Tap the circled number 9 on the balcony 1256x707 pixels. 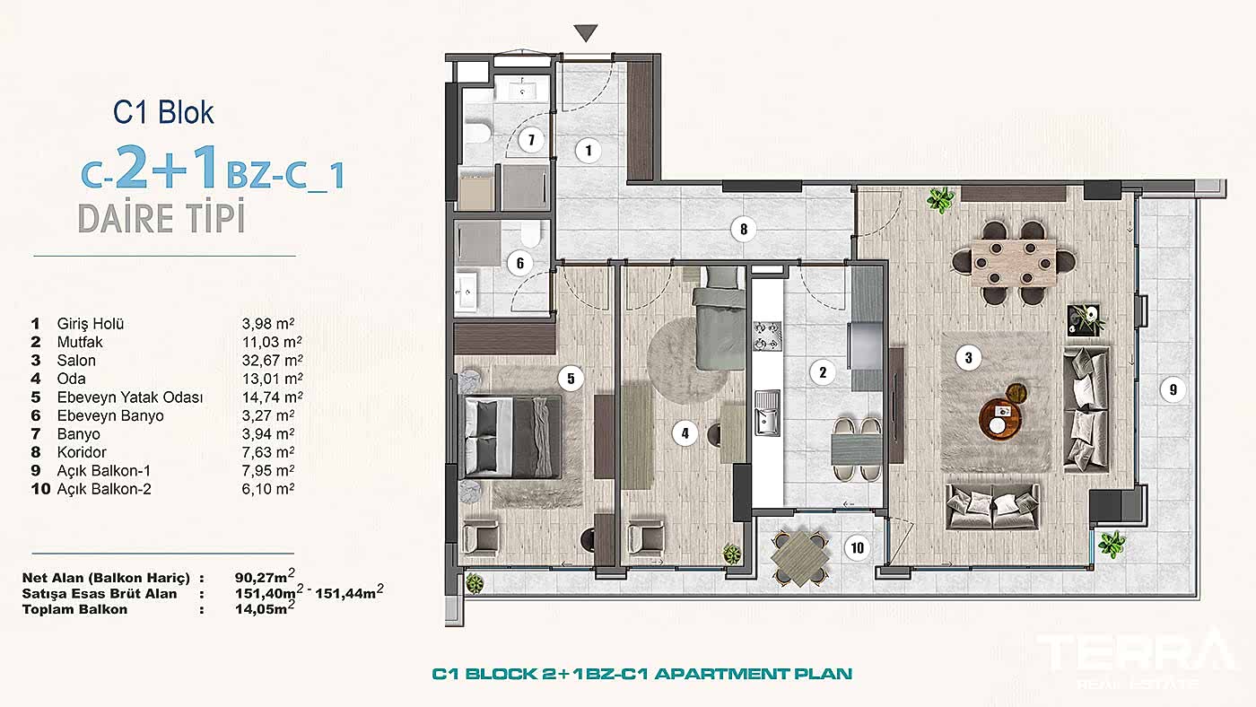pyautogui.click(x=1172, y=390)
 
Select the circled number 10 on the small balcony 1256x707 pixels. pyautogui.click(x=858, y=547)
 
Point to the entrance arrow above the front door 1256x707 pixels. pyautogui.click(x=586, y=33)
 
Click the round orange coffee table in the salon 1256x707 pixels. pyautogui.click(x=1000, y=417)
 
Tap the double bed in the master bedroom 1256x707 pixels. pyautogui.click(x=511, y=437)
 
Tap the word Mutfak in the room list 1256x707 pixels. pyautogui.click(x=80, y=342)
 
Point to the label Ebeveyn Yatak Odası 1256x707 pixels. pyautogui.click(x=130, y=397)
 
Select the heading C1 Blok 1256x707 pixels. pyautogui.click(x=163, y=112)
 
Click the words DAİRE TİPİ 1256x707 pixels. pyautogui.click(x=161, y=218)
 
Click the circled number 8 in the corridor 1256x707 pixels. pyautogui.click(x=743, y=230)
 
